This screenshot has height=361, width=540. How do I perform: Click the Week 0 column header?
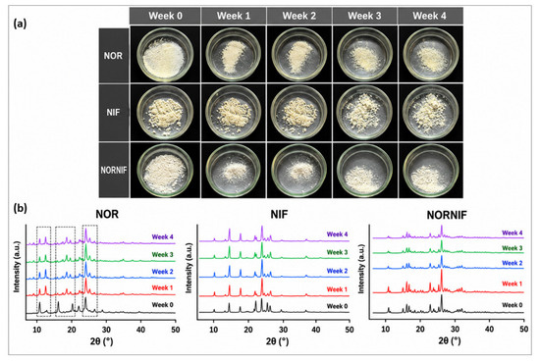(165, 16)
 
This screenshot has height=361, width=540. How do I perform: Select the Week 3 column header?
(364, 16)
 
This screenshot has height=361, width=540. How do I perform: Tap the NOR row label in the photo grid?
(113, 56)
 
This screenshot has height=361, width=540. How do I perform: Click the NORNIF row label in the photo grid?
(113, 170)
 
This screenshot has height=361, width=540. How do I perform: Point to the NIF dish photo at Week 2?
(298, 113)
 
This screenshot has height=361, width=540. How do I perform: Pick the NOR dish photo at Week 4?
(430, 54)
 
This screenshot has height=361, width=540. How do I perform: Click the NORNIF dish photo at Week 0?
(165, 171)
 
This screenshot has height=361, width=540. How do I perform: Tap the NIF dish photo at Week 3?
(364, 113)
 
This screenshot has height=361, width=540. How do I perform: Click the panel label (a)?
(20, 24)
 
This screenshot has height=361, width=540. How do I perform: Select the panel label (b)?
(20, 209)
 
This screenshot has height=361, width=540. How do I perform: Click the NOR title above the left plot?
(107, 215)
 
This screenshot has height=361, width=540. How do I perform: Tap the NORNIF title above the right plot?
(447, 216)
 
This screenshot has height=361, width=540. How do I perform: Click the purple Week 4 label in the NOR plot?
(162, 237)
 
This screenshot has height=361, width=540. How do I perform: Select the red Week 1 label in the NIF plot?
(337, 289)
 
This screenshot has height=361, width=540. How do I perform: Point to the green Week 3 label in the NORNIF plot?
(513, 248)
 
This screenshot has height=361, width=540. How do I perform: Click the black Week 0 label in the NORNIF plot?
(513, 305)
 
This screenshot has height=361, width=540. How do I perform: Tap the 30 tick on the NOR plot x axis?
(106, 329)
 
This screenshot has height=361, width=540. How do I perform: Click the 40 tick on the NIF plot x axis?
(316, 329)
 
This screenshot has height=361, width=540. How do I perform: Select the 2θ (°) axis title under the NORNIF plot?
(450, 341)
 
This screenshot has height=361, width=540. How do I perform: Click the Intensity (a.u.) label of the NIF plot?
(189, 268)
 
